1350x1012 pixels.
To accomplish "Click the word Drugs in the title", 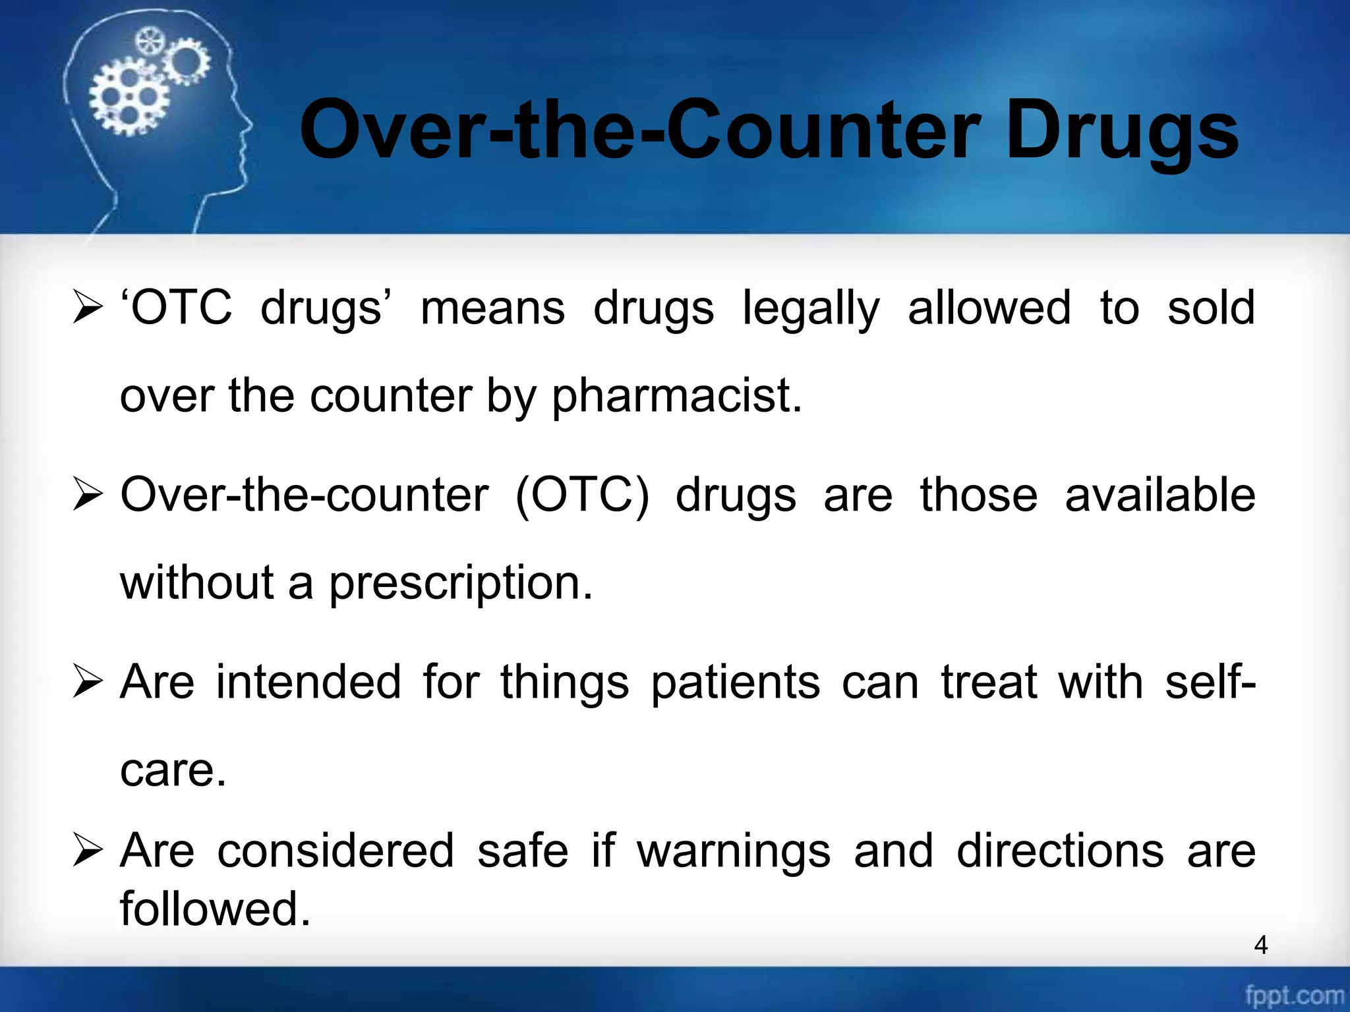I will click(x=1122, y=132).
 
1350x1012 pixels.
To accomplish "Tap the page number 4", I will click(x=1260, y=945).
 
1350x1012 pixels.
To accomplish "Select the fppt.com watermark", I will click(x=1293, y=994).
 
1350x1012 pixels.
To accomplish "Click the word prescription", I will click(x=461, y=584).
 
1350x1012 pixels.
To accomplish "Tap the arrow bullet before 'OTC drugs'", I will click(x=88, y=308).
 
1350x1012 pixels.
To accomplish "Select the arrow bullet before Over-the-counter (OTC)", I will click(x=88, y=495).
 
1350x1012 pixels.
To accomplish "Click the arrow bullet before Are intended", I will click(x=88, y=682).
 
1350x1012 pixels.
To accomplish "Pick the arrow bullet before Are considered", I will click(x=88, y=851).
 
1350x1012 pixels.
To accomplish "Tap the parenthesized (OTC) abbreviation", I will click(x=581, y=495).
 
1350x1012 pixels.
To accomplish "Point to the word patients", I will click(x=735, y=683).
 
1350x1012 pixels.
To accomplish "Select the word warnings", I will click(x=733, y=852).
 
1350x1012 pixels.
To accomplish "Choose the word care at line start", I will click(x=173, y=770).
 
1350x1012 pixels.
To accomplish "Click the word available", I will click(x=1159, y=495).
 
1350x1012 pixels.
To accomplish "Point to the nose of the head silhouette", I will click(x=249, y=125).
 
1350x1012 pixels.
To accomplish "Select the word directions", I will click(x=1060, y=851).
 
